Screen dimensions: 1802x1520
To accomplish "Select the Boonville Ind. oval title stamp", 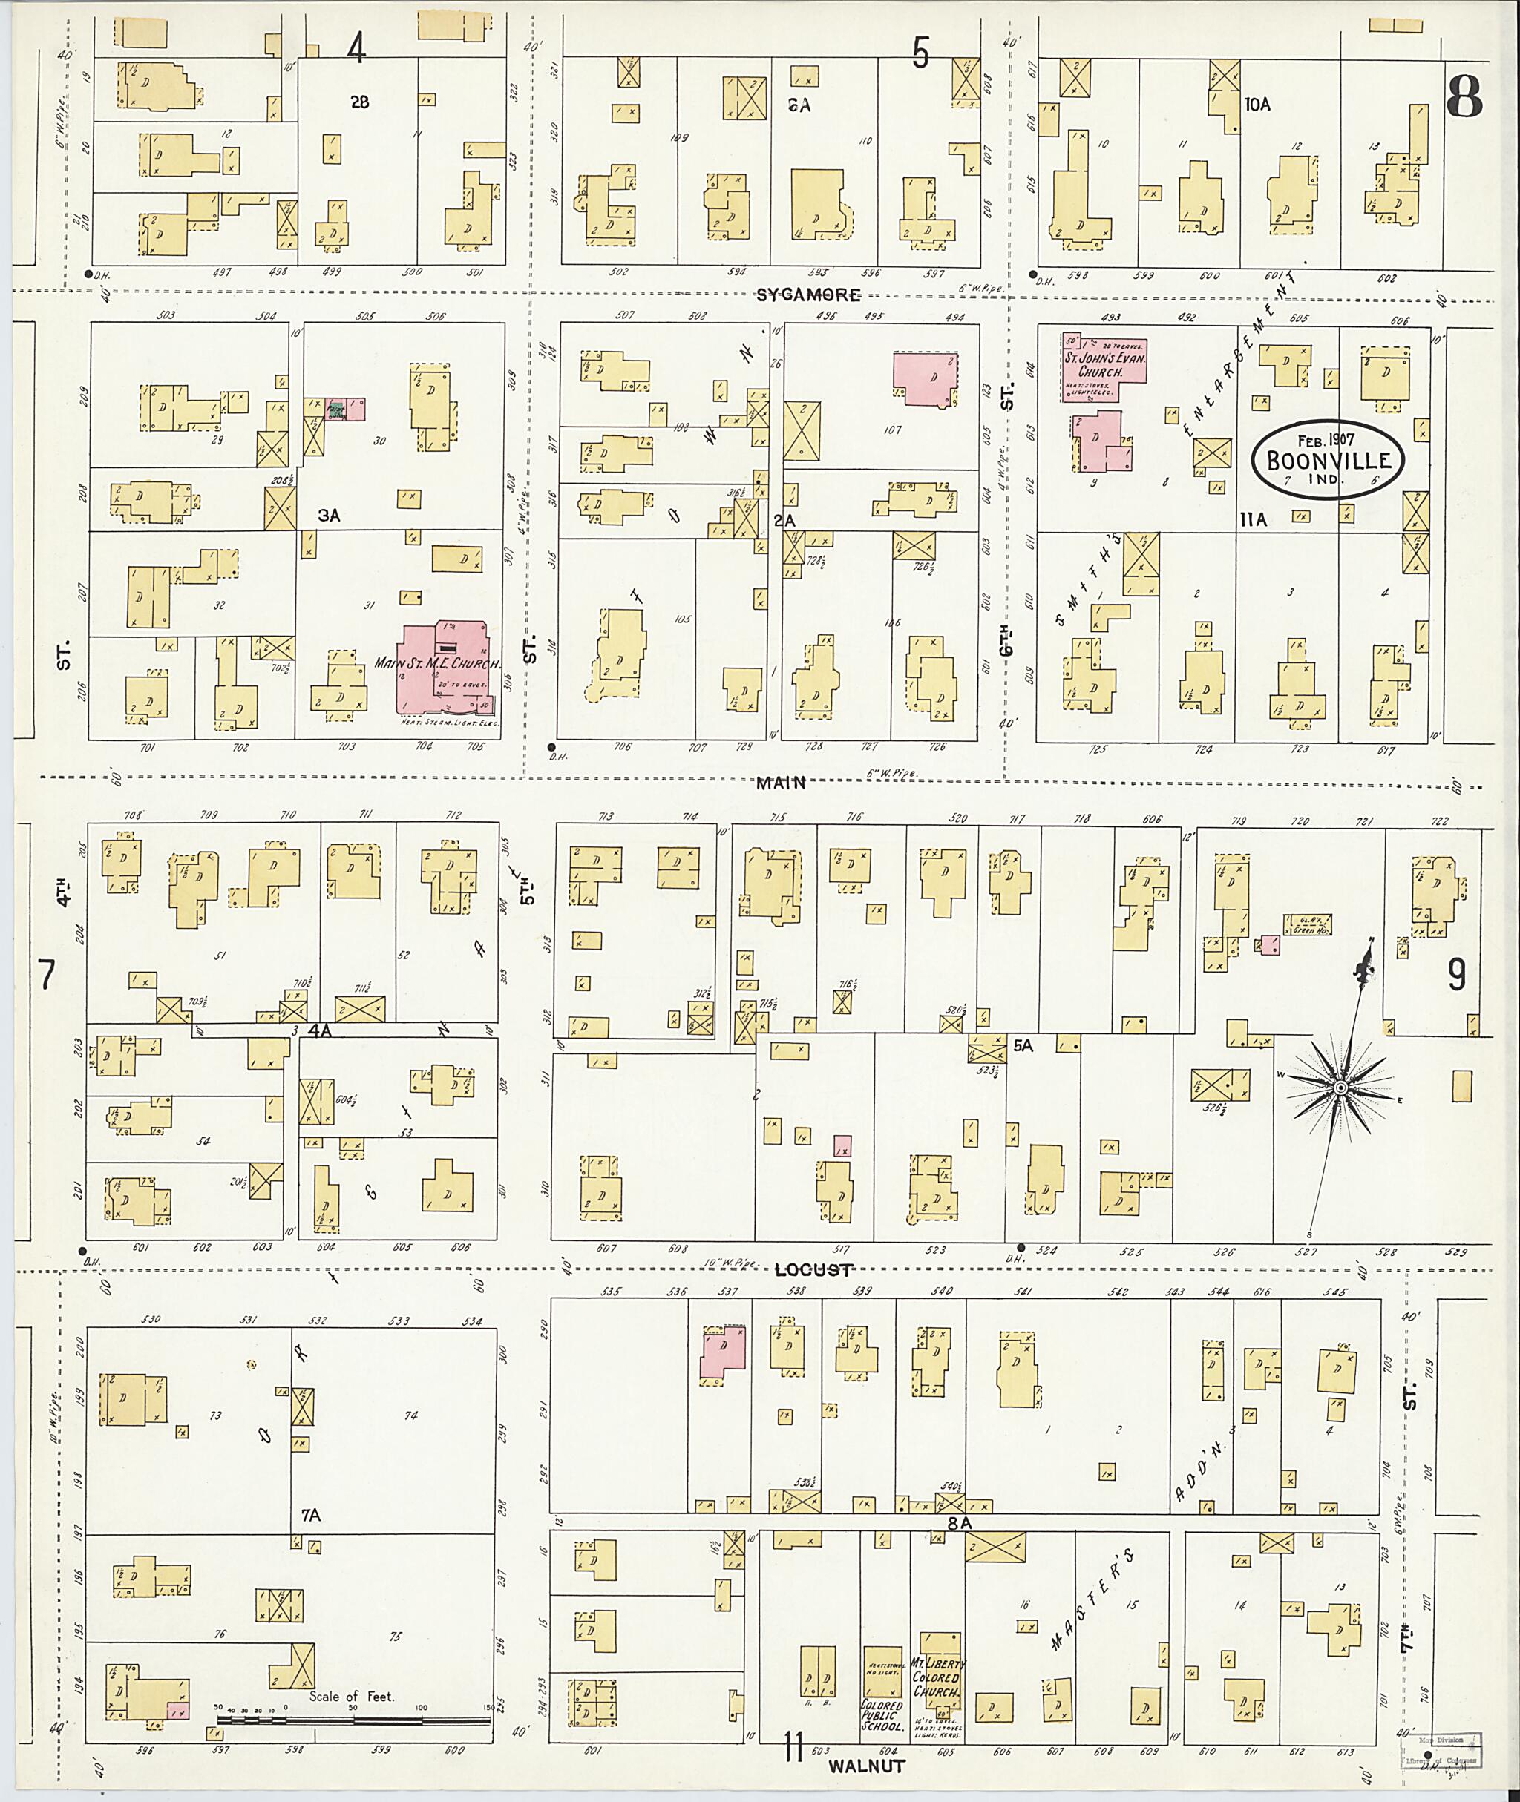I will click(x=1328, y=459).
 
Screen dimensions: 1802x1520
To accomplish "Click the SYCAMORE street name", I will click(x=807, y=295).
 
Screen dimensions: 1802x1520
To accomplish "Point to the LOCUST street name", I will click(x=813, y=1269).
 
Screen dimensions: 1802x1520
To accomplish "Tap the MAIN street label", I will click(x=781, y=783).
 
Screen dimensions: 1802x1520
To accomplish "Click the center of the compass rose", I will click(x=1340, y=1090).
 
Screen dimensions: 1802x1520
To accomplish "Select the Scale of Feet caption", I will click(x=352, y=1696).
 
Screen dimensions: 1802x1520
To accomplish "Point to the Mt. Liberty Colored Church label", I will click(x=937, y=1677).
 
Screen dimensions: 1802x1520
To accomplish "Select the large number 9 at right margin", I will click(x=1456, y=975).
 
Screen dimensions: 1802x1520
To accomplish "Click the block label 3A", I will click(x=328, y=515).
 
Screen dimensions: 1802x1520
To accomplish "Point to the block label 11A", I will click(x=1254, y=519).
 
